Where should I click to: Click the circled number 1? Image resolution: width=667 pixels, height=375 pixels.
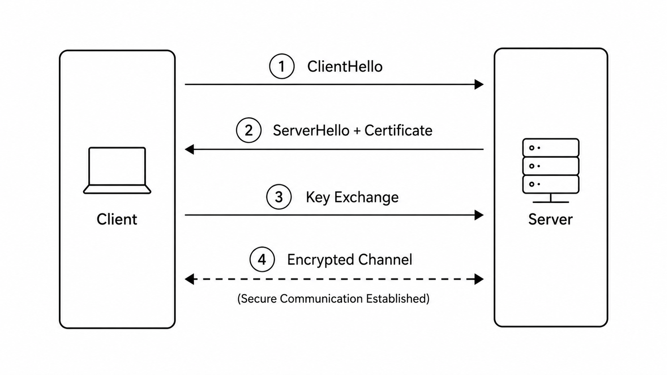(x=282, y=66)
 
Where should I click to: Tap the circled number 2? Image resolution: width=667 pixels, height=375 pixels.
(x=249, y=130)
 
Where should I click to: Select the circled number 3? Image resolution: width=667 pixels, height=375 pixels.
(x=279, y=196)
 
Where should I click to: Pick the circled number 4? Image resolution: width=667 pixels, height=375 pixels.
(x=262, y=259)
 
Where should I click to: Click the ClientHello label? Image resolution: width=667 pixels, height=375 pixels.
(x=345, y=66)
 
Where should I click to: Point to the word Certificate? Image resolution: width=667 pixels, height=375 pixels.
(x=399, y=130)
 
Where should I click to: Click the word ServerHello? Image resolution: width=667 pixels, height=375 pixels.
(x=311, y=130)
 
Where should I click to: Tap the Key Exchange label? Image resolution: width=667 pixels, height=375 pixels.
(x=352, y=197)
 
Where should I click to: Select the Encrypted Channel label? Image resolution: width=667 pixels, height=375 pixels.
(x=349, y=260)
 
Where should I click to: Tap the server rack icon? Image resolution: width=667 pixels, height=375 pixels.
(x=551, y=171)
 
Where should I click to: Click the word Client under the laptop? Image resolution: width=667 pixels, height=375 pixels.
(x=117, y=220)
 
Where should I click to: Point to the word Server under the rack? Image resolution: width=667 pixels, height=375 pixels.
(x=551, y=220)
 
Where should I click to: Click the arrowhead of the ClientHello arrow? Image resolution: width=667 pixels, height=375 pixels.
(x=479, y=84)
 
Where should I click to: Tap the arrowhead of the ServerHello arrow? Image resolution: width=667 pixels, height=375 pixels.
(x=189, y=149)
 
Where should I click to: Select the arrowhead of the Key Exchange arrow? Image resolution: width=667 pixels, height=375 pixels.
(x=479, y=215)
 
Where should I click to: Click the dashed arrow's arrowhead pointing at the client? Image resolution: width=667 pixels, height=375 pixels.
(x=189, y=279)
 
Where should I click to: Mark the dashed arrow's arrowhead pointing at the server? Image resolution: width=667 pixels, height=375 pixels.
(x=479, y=279)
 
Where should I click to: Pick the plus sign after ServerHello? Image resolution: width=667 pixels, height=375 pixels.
(x=357, y=131)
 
